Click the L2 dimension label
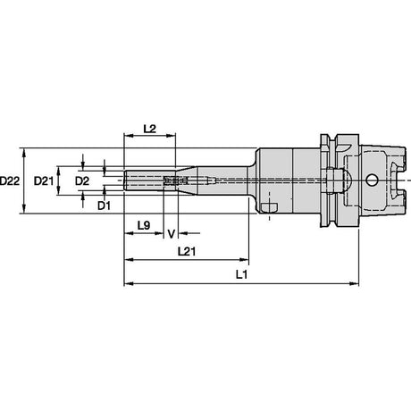click(x=150, y=129)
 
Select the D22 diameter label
click(x=10, y=180)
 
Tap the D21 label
click(x=44, y=180)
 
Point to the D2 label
click(x=82, y=180)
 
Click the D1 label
click(x=104, y=205)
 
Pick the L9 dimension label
click(x=144, y=225)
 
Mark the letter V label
click(x=171, y=234)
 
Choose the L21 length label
click(x=187, y=252)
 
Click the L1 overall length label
click(x=241, y=275)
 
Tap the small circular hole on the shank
click(x=372, y=180)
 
